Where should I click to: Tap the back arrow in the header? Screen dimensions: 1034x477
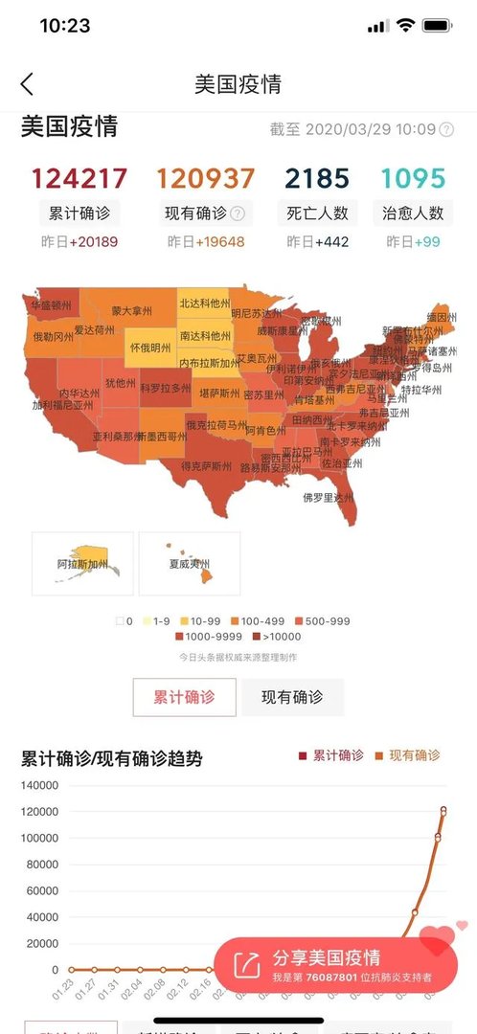(27, 84)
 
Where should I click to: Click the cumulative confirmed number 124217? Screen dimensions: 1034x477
(79, 179)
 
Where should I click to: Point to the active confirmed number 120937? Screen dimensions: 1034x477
(206, 179)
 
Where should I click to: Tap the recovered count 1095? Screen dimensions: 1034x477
(413, 179)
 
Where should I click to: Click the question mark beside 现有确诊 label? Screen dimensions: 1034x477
(238, 214)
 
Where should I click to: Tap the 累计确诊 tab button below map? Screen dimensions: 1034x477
(184, 697)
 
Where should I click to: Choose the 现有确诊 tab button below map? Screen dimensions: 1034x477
(292, 697)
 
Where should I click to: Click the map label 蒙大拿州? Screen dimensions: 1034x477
(131, 311)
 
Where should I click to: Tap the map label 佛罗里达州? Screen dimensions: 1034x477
(329, 498)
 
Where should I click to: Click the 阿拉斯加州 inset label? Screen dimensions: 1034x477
(82, 565)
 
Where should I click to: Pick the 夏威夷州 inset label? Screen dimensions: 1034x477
(190, 564)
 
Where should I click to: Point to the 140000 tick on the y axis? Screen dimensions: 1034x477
(40, 786)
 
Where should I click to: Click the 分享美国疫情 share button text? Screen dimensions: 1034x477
(327, 957)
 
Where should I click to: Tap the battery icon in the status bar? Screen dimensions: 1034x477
(438, 26)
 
